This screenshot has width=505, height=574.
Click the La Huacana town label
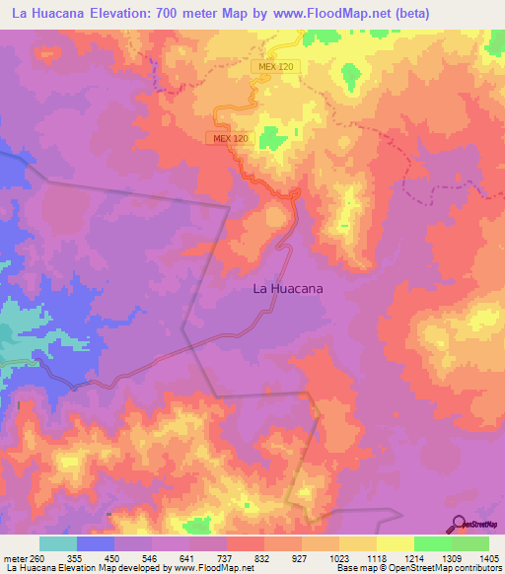click(289, 289)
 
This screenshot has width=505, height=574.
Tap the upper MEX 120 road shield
click(276, 66)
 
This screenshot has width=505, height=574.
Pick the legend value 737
click(226, 558)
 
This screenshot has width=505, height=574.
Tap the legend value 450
click(112, 558)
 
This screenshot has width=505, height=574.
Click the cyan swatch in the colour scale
click(58, 543)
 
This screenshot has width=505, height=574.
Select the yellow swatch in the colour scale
click(395, 543)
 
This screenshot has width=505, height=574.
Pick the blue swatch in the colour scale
click(96, 543)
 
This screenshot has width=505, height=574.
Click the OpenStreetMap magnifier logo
click(458, 524)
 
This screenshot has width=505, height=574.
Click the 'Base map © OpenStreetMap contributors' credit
click(417, 568)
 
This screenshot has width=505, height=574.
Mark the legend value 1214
click(415, 558)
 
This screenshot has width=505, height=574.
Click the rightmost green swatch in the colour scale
click(470, 543)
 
